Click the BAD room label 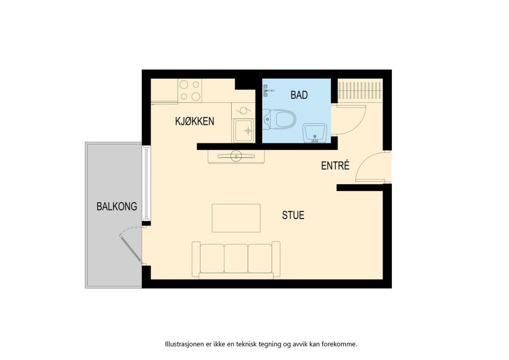(x=299, y=95)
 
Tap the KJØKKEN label (x=195, y=121)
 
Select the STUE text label (x=293, y=215)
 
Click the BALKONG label (x=117, y=206)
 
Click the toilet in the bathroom (x=279, y=119)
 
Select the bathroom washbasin (x=314, y=133)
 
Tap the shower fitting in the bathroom (x=268, y=91)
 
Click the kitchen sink (x=243, y=131)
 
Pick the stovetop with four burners (x=190, y=90)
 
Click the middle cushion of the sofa (x=236, y=259)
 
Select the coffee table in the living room (x=236, y=218)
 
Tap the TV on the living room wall (x=236, y=156)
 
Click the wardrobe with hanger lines (x=360, y=91)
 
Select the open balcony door (x=131, y=250)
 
